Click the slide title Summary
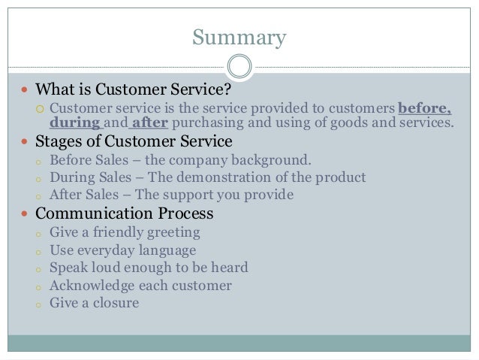pyautogui.click(x=239, y=37)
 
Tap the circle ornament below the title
pyautogui.click(x=239, y=67)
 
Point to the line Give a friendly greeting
pyautogui.click(x=125, y=232)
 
